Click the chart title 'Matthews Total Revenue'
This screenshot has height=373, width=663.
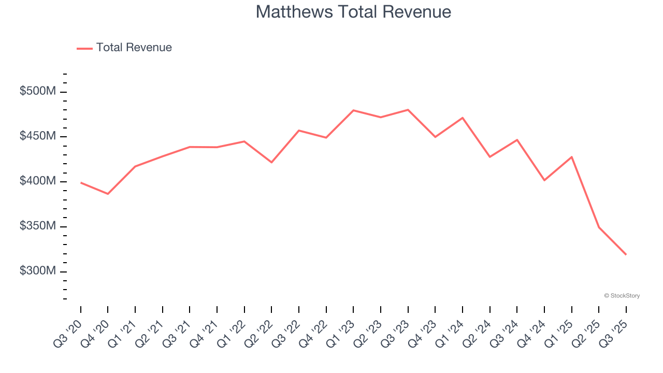pyautogui.click(x=353, y=12)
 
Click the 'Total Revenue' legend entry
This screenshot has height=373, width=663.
pyautogui.click(x=134, y=48)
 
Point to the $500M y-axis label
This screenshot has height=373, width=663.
pyautogui.click(x=38, y=91)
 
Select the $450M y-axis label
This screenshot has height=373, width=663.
pyautogui.click(x=38, y=136)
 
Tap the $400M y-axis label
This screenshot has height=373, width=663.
pyautogui.click(x=38, y=181)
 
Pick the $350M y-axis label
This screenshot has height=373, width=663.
pyautogui.click(x=38, y=226)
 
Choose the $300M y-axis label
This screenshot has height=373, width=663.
pyautogui.click(x=38, y=271)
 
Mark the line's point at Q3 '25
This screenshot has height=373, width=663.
pyautogui.click(x=626, y=254)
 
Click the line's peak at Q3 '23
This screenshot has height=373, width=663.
pyautogui.click(x=408, y=110)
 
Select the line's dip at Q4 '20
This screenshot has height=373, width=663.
pyautogui.click(x=108, y=194)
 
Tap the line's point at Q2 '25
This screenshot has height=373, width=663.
pyautogui.click(x=599, y=227)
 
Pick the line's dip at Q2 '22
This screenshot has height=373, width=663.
pyautogui.click(x=271, y=162)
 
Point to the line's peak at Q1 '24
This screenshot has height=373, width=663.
pyautogui.click(x=463, y=118)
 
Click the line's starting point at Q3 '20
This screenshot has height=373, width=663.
pyautogui.click(x=81, y=183)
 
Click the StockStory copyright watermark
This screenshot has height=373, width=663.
pyautogui.click(x=622, y=296)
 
